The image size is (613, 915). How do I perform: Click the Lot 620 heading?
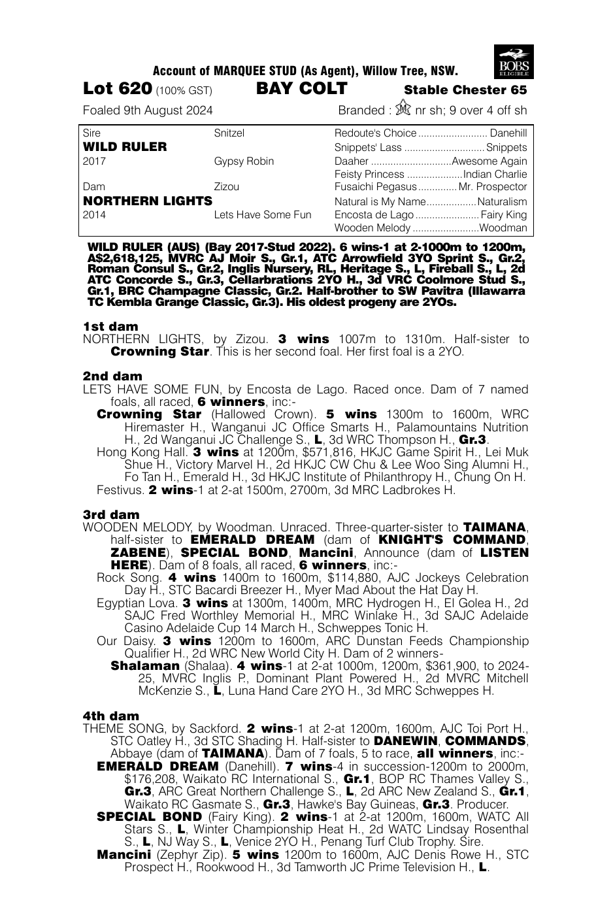tap(118, 89)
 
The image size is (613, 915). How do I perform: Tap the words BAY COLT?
tap(301, 89)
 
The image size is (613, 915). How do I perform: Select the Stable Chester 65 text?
tap(465, 90)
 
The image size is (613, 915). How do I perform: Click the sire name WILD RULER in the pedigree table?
tap(125, 146)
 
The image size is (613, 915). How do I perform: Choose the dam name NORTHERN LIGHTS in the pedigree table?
tap(148, 201)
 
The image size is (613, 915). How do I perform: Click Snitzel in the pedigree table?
tap(229, 133)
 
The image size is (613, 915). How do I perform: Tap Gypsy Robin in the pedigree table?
tap(244, 161)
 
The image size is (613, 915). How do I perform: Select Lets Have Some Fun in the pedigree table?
tap(263, 214)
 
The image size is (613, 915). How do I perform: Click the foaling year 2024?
tap(199, 110)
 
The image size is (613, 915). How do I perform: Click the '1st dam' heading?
tap(110, 326)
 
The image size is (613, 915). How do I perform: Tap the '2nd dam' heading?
tap(112, 376)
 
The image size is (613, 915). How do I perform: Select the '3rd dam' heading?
tap(111, 514)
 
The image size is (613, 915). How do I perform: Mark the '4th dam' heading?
tap(111, 716)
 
